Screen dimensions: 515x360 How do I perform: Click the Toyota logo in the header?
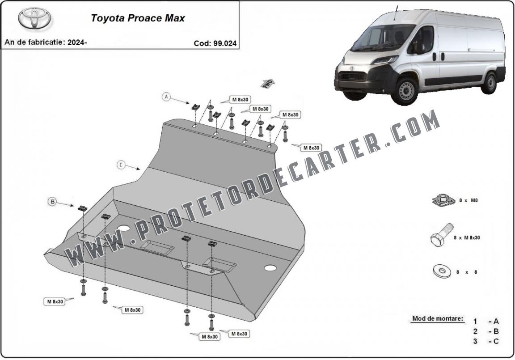point(34,18)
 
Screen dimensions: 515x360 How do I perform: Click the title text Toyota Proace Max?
point(138,18)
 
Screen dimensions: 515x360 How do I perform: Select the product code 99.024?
point(225,43)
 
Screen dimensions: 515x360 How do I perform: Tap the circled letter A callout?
point(166,97)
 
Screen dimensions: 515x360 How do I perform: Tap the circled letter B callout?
point(53,202)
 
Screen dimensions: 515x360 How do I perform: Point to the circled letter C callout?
point(121,165)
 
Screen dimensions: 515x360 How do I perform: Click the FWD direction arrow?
point(267,84)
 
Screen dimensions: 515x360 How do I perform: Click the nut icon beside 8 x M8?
point(443,200)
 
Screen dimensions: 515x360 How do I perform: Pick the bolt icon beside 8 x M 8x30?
point(442,235)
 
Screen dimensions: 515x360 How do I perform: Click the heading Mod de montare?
point(438,318)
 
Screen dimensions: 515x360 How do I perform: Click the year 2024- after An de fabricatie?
point(77,42)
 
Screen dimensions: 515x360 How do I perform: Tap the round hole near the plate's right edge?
point(270,268)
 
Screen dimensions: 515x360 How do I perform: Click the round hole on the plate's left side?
point(124,229)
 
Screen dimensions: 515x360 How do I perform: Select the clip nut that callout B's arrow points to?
point(82,208)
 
